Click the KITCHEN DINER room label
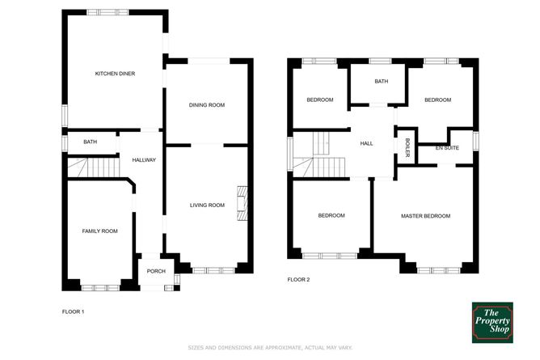[115, 74]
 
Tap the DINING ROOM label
[207, 105]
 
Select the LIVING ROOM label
[207, 205]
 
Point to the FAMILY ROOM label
[100, 231]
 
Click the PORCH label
[156, 271]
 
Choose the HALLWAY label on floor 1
[144, 160]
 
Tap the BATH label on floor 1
[90, 142]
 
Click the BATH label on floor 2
[381, 82]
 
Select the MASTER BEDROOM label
[426, 216]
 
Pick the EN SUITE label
[446, 149]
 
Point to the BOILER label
[407, 148]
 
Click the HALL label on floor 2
[366, 143]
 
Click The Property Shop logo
[494, 321]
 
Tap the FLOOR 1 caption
[74, 311]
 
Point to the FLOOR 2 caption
[298, 280]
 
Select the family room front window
[100, 286]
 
